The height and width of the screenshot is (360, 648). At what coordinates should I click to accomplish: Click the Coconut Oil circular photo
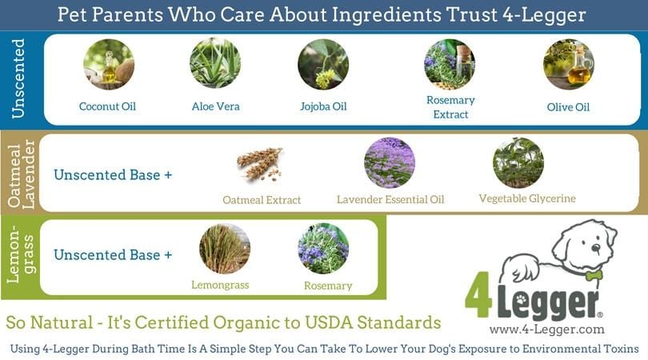109,64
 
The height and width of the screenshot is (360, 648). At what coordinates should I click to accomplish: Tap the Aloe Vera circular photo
215,64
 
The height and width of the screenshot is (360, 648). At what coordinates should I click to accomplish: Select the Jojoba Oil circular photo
322,64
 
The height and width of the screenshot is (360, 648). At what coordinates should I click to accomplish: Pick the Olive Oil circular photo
568,64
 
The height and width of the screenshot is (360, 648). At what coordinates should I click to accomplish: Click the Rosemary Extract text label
450,107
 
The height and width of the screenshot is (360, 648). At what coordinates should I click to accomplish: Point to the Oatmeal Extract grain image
260,163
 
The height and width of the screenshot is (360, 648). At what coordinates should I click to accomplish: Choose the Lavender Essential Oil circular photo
390,162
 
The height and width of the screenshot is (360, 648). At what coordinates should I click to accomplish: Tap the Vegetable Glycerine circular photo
518,162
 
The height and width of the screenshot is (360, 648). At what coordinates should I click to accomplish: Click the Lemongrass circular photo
224,249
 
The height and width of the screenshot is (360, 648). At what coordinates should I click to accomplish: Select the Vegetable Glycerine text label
527,198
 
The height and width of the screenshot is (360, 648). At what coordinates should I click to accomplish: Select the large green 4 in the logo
480,298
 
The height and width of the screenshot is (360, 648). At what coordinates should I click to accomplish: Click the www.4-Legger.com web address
546,330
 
